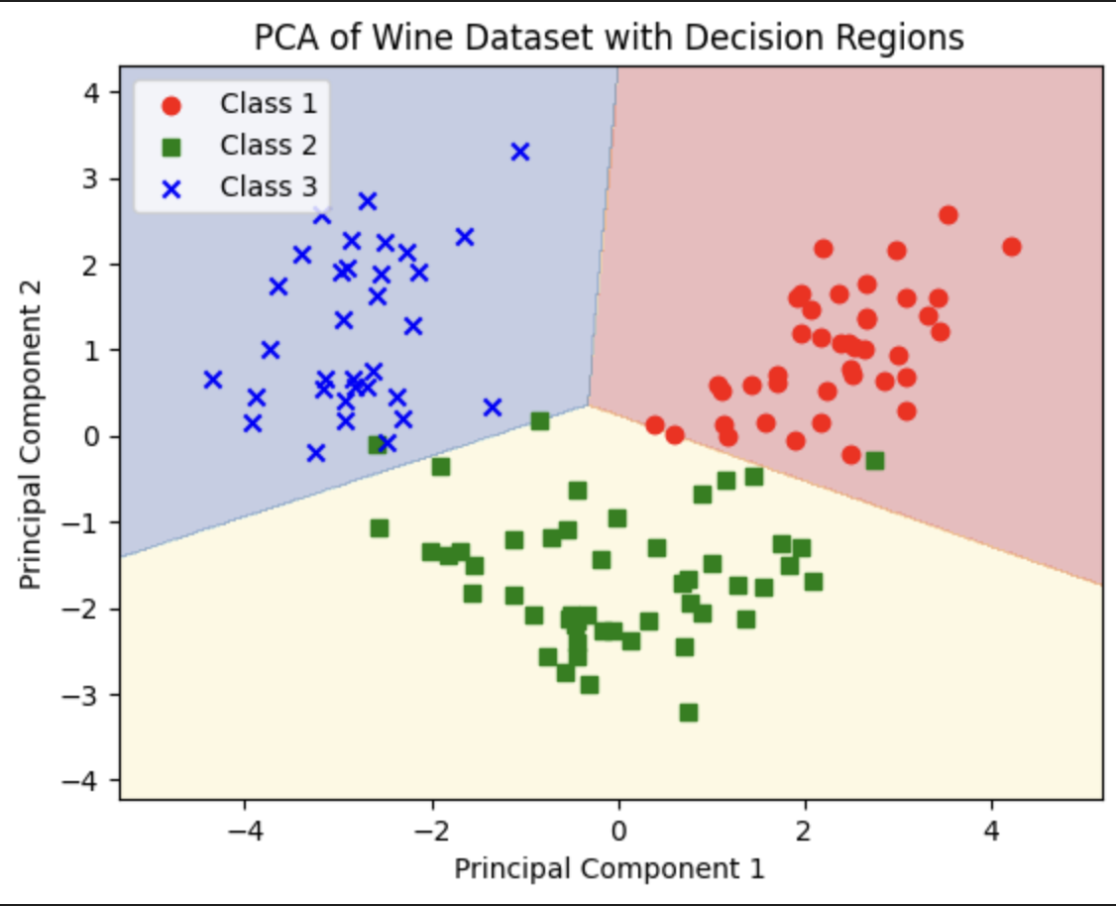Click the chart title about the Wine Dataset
pyautogui.click(x=609, y=38)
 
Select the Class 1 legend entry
pyautogui.click(x=268, y=103)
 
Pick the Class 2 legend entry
pyautogui.click(x=268, y=145)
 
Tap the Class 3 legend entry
pyautogui.click(x=268, y=186)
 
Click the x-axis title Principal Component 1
pyautogui.click(x=610, y=868)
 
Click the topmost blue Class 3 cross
pyautogui.click(x=520, y=152)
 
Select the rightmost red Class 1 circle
pyautogui.click(x=1011, y=247)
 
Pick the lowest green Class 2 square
pyautogui.click(x=689, y=712)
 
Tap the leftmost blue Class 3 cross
pyautogui.click(x=213, y=380)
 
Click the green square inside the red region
pyautogui.click(x=874, y=460)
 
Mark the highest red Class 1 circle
pyautogui.click(x=948, y=215)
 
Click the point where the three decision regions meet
pyautogui.click(x=589, y=404)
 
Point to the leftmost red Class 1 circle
pyautogui.click(x=655, y=425)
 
